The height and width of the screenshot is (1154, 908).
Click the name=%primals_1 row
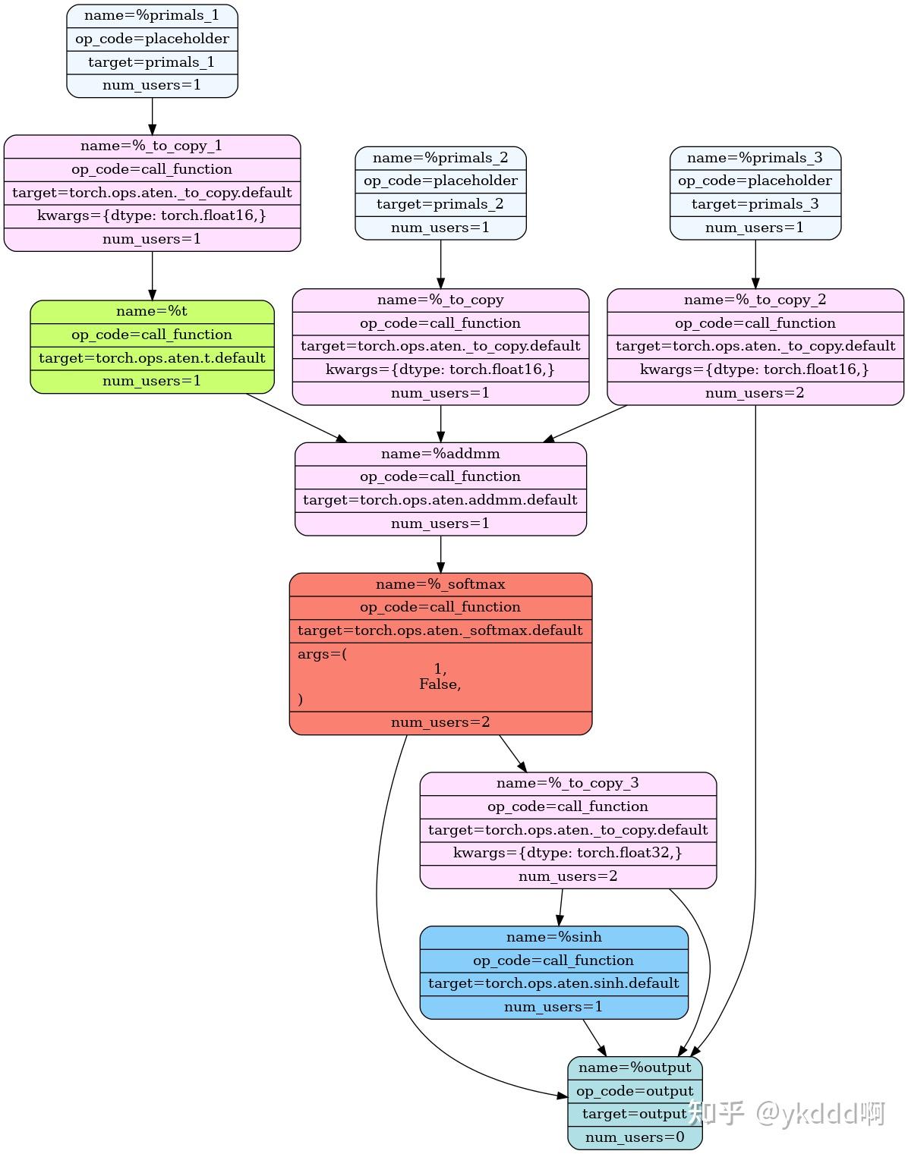pyautogui.click(x=152, y=15)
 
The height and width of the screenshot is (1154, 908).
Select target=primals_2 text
pyautogui.click(x=440, y=204)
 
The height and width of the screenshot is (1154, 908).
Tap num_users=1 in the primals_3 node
pyautogui.click(x=755, y=228)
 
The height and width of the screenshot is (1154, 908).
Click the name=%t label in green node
pyautogui.click(x=152, y=311)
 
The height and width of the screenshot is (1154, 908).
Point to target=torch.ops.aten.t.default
pyautogui.click(x=152, y=358)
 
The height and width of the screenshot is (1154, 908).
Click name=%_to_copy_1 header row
pyautogui.click(x=152, y=146)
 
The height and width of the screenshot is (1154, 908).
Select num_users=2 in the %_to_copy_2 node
pyautogui.click(x=755, y=393)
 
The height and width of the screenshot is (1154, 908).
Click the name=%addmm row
pyautogui.click(x=440, y=454)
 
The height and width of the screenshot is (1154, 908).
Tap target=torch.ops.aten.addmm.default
pyautogui.click(x=440, y=500)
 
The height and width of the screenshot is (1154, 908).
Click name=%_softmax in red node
pyautogui.click(x=440, y=584)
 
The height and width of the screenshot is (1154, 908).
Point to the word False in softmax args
pyautogui.click(x=440, y=684)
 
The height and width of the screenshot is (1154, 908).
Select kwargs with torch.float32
pyautogui.click(x=568, y=853)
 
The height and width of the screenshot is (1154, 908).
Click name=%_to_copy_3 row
pyautogui.click(x=568, y=783)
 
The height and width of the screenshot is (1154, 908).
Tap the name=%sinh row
pyautogui.click(x=554, y=937)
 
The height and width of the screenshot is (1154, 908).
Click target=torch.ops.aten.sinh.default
pyautogui.click(x=554, y=983)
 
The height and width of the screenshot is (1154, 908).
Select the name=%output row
pyautogui.click(x=635, y=1068)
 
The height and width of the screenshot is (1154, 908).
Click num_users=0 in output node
pyautogui.click(x=635, y=1137)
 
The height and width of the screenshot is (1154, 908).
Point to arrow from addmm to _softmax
pyautogui.click(x=440, y=554)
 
